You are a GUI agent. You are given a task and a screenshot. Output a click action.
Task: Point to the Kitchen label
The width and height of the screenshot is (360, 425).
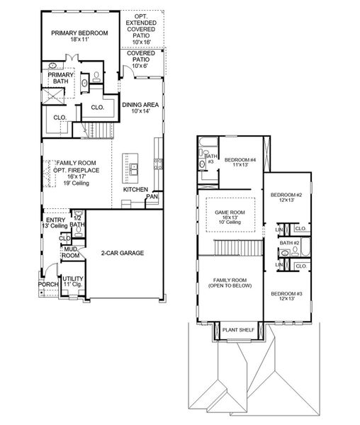coord(135,190)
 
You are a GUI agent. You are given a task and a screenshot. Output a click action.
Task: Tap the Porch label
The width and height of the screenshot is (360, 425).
coord(48,284)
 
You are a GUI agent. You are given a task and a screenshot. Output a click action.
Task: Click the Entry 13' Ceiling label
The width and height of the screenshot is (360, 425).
coord(56,223)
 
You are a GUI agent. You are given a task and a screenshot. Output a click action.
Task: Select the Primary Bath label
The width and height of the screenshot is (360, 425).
coord(57,77)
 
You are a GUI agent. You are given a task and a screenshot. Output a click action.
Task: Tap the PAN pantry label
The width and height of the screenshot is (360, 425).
coord(151,198)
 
